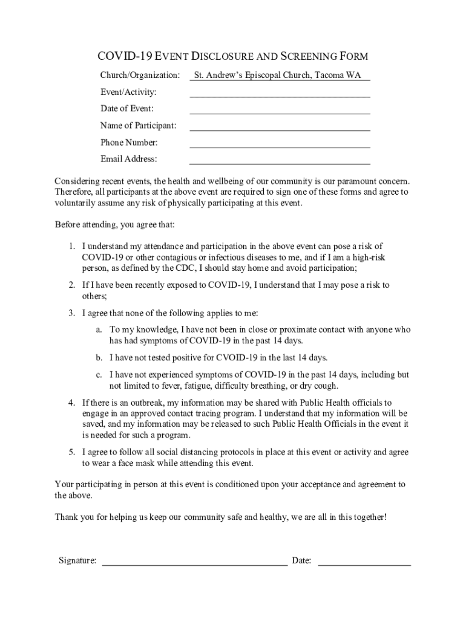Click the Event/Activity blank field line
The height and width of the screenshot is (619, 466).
tap(280, 95)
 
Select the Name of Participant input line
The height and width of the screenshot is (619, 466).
tap(280, 129)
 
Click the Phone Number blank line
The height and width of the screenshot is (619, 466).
tap(280, 146)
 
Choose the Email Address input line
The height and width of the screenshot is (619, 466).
tap(280, 163)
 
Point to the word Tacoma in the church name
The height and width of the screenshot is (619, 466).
tap(332, 76)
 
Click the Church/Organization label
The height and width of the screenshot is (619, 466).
tap(140, 76)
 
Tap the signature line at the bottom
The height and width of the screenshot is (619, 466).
tap(194, 563)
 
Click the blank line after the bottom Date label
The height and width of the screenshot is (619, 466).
tap(364, 563)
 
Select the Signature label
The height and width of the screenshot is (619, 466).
tap(77, 560)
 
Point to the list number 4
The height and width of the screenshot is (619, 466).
tap(71, 403)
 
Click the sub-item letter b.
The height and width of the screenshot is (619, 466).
tap(98, 357)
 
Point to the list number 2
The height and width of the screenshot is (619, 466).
tap(71, 285)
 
